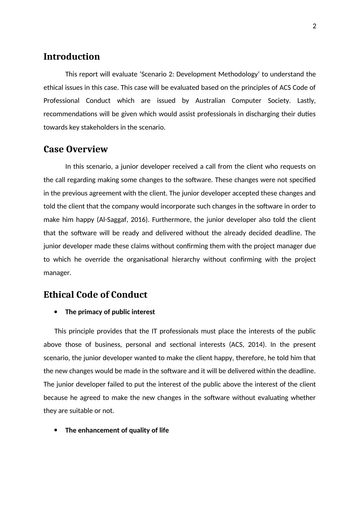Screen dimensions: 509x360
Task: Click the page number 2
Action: pyautogui.click(x=314, y=26)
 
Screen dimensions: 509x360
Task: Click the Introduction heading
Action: pyautogui.click(x=72, y=57)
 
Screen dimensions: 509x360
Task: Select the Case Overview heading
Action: pyautogui.click(x=76, y=149)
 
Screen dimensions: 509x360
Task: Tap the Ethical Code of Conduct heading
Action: pyautogui.click(x=95, y=295)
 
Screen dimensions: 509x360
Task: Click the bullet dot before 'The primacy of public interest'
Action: pyautogui.click(x=56, y=312)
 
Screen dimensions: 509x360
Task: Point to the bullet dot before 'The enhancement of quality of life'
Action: pyautogui.click(x=56, y=430)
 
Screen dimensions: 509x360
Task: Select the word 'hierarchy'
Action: pyautogui.click(x=186, y=259)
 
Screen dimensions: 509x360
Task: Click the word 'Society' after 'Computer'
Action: pyautogui.click(x=279, y=101)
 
